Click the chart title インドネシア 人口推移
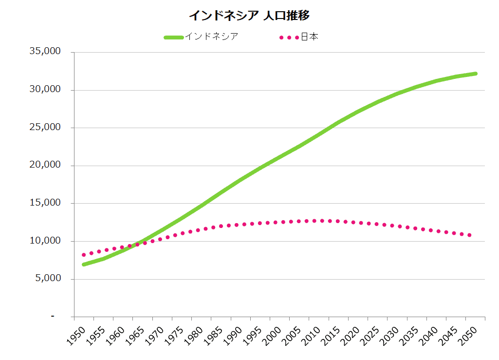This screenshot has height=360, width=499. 249,16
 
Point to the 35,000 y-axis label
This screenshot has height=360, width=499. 45,52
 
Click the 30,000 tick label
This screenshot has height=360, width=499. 45,90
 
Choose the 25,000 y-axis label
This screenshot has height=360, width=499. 45,128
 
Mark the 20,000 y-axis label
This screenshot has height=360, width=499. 45,166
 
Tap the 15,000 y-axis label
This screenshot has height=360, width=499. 45,203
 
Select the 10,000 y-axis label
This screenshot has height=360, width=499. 45,241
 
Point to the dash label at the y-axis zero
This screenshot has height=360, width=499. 53,317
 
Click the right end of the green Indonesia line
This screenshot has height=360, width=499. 475,74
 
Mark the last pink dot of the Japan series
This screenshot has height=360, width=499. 469,235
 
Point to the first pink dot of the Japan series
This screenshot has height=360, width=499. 84,255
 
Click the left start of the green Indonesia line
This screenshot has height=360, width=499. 84,265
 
